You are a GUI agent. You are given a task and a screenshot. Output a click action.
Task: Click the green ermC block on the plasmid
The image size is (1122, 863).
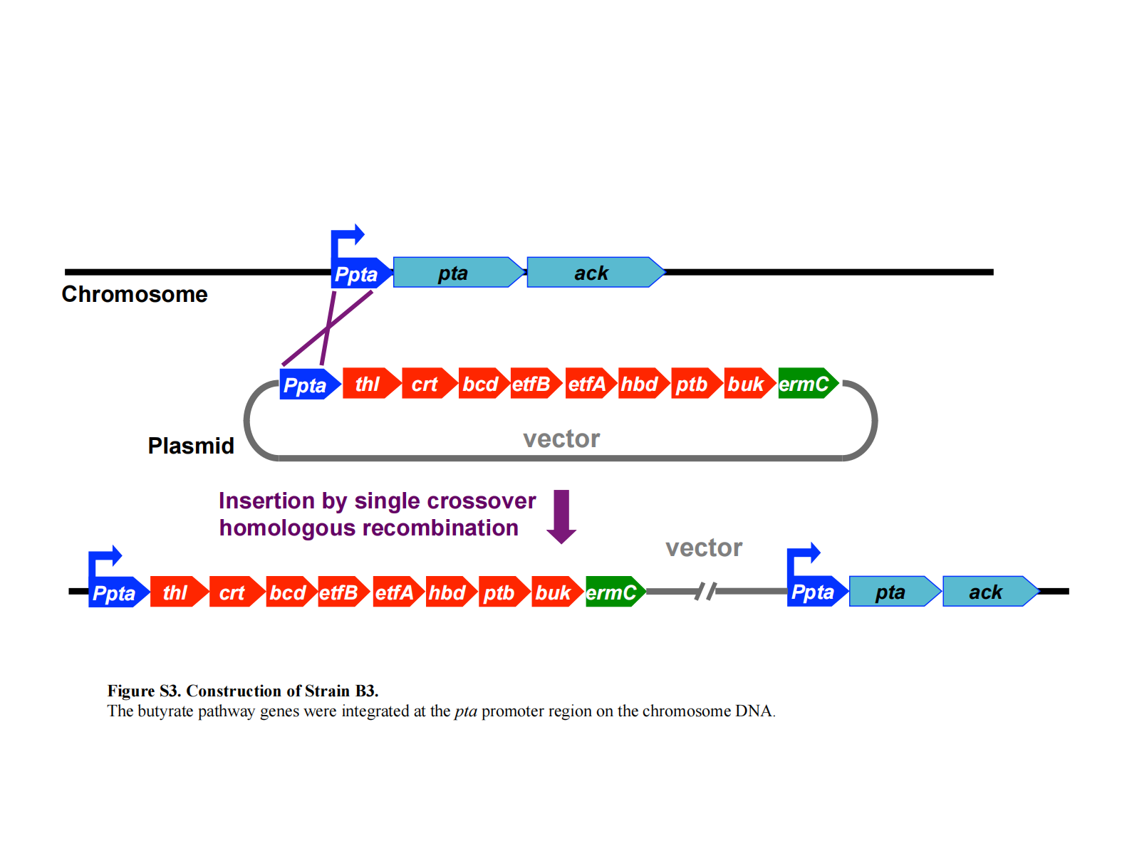click(806, 384)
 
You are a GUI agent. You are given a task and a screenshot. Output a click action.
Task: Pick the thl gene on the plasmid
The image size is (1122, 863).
click(368, 384)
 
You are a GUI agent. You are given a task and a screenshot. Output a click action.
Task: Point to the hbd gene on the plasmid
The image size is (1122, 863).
click(640, 384)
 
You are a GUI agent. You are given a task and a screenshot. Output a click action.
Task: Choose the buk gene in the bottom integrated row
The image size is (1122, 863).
click(554, 592)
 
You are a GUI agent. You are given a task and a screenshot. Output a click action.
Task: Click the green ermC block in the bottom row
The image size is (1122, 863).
click(613, 592)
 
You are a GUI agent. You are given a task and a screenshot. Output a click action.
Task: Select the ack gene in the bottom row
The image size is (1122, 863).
click(987, 592)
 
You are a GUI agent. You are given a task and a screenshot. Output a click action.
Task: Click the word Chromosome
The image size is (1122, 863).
click(135, 294)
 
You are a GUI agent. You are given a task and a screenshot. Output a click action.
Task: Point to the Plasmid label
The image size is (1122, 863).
click(191, 446)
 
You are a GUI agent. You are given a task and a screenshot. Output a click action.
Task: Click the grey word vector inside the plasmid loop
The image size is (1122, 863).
click(561, 439)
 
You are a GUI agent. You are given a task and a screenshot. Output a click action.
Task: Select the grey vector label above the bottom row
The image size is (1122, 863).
click(704, 548)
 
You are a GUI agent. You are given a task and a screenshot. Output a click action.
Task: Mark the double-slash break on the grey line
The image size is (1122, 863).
click(706, 591)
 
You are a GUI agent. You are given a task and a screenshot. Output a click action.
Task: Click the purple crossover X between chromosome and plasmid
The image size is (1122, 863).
click(328, 328)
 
